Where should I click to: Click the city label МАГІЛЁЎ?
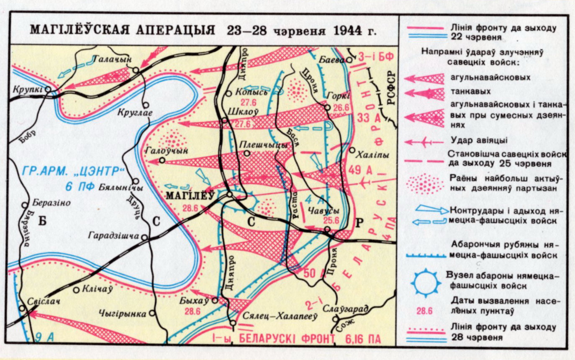point(190,195)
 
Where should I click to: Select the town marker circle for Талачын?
point(136,70)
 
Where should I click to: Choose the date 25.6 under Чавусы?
point(331,220)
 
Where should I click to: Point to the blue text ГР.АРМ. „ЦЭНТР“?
point(73,171)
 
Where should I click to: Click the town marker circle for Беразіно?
point(24,206)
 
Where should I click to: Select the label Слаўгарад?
point(346,309)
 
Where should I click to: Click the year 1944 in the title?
point(349,31)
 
